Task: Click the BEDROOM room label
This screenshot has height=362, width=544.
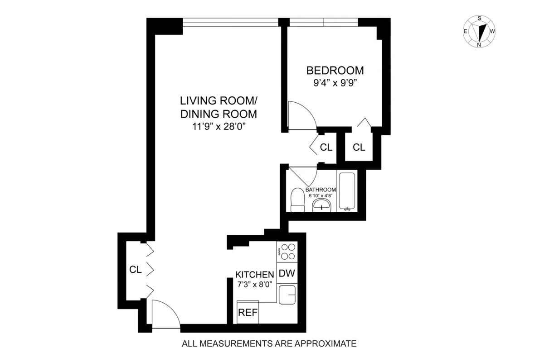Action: pyautogui.click(x=335, y=71)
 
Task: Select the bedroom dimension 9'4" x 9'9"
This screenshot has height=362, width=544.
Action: pyautogui.click(x=335, y=83)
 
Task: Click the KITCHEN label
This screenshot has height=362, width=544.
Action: pyautogui.click(x=254, y=274)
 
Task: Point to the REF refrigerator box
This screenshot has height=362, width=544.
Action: pyautogui.click(x=248, y=312)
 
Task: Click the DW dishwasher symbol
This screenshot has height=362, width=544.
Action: pyautogui.click(x=287, y=273)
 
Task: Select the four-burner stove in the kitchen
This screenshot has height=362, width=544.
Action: pyautogui.click(x=287, y=252)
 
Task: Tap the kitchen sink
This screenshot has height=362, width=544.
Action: pyautogui.click(x=287, y=295)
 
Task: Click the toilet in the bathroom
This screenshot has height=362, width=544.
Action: pyautogui.click(x=297, y=200)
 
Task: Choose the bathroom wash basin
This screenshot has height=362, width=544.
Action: pyautogui.click(x=322, y=206)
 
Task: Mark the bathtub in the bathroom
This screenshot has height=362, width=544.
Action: pyautogui.click(x=348, y=191)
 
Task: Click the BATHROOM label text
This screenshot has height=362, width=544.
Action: pyautogui.click(x=321, y=190)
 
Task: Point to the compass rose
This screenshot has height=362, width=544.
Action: pyautogui.click(x=480, y=32)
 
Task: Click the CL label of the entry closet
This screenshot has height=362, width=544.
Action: pyautogui.click(x=136, y=270)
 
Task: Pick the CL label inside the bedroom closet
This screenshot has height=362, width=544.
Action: pyautogui.click(x=359, y=147)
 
